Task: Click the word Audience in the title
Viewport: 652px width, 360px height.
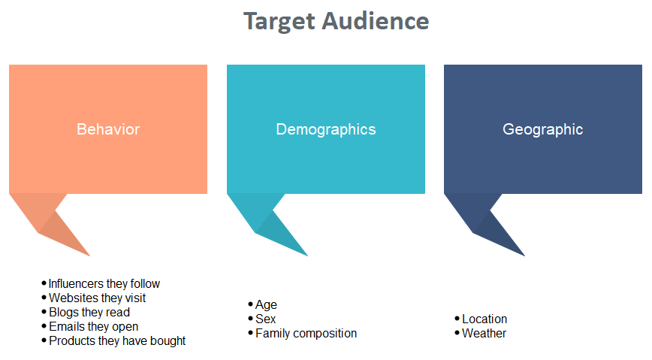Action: (375, 21)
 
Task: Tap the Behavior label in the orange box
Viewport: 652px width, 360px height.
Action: (108, 129)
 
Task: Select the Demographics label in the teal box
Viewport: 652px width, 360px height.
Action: (326, 130)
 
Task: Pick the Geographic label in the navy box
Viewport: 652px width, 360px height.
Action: (542, 130)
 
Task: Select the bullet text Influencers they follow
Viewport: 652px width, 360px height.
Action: (104, 284)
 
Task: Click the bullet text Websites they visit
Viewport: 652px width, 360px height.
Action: (98, 298)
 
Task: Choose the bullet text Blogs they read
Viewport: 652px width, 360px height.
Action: (89, 312)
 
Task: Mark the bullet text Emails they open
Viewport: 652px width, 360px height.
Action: (94, 327)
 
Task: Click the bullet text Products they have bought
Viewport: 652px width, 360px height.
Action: (117, 341)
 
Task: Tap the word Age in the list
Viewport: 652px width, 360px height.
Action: (266, 305)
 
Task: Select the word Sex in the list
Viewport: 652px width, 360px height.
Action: (266, 319)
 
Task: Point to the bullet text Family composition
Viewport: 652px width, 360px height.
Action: (306, 334)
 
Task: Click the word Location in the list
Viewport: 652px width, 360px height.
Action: (484, 319)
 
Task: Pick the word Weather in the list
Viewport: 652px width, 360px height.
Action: (484, 334)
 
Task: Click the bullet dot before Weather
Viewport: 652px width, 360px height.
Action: (457, 333)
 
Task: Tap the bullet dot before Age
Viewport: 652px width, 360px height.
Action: (250, 304)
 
